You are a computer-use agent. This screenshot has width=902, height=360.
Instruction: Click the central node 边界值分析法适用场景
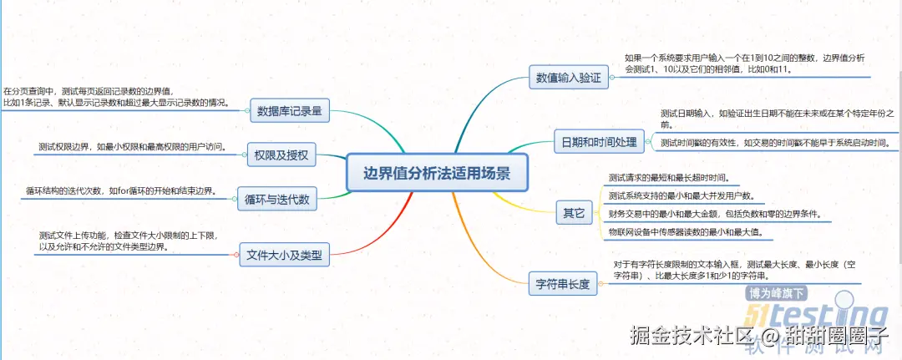(437, 173)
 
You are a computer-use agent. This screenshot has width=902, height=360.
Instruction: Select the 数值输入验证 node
(568, 78)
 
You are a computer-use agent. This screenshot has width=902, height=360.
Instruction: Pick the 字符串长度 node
(562, 284)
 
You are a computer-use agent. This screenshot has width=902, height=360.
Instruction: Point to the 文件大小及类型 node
(284, 253)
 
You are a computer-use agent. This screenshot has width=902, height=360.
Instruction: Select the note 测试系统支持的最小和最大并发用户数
(682, 196)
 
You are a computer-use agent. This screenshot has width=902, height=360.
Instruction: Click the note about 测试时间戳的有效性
(774, 143)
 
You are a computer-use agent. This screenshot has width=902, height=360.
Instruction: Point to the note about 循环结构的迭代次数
(120, 191)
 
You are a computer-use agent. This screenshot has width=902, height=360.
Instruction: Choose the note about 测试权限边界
(132, 147)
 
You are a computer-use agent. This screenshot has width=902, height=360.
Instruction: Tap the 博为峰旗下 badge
(778, 294)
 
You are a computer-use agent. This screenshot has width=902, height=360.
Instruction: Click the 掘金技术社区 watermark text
(692, 337)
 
